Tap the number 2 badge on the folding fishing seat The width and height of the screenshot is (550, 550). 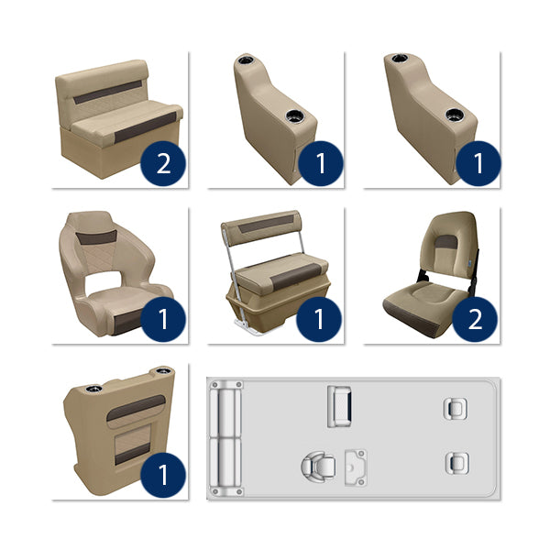point(476,319)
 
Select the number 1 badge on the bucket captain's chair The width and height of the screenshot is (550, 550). point(164,319)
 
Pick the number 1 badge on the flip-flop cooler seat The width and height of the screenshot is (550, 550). point(320,319)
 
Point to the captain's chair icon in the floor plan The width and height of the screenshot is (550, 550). point(315,466)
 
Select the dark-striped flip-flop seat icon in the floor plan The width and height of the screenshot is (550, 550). point(341,403)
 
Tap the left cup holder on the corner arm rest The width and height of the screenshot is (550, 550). point(93,390)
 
